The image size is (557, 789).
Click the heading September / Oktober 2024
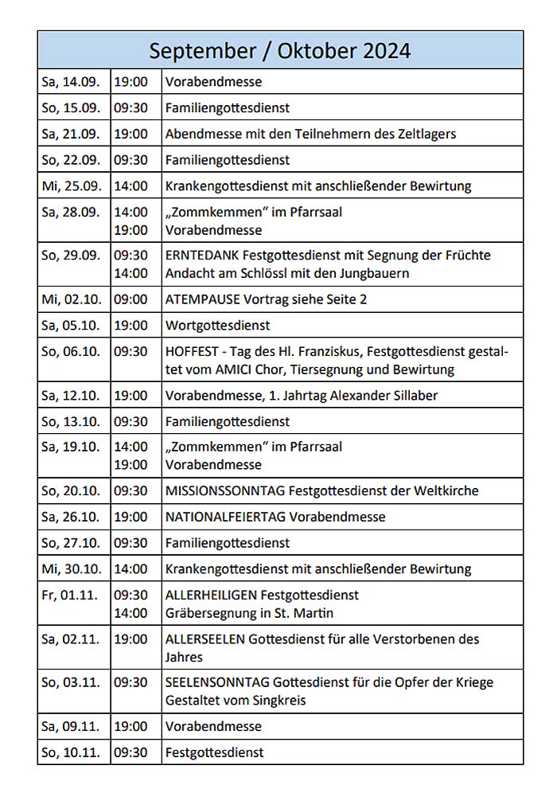click(280, 50)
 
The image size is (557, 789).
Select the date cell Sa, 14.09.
click(71, 82)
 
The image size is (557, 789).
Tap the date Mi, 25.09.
click(71, 186)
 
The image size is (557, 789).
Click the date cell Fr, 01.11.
click(69, 595)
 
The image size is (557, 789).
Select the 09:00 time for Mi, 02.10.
click(130, 299)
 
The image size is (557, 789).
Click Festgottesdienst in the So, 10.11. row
click(214, 752)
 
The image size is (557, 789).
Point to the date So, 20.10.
click(71, 491)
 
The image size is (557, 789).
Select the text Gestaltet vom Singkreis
click(236, 701)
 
